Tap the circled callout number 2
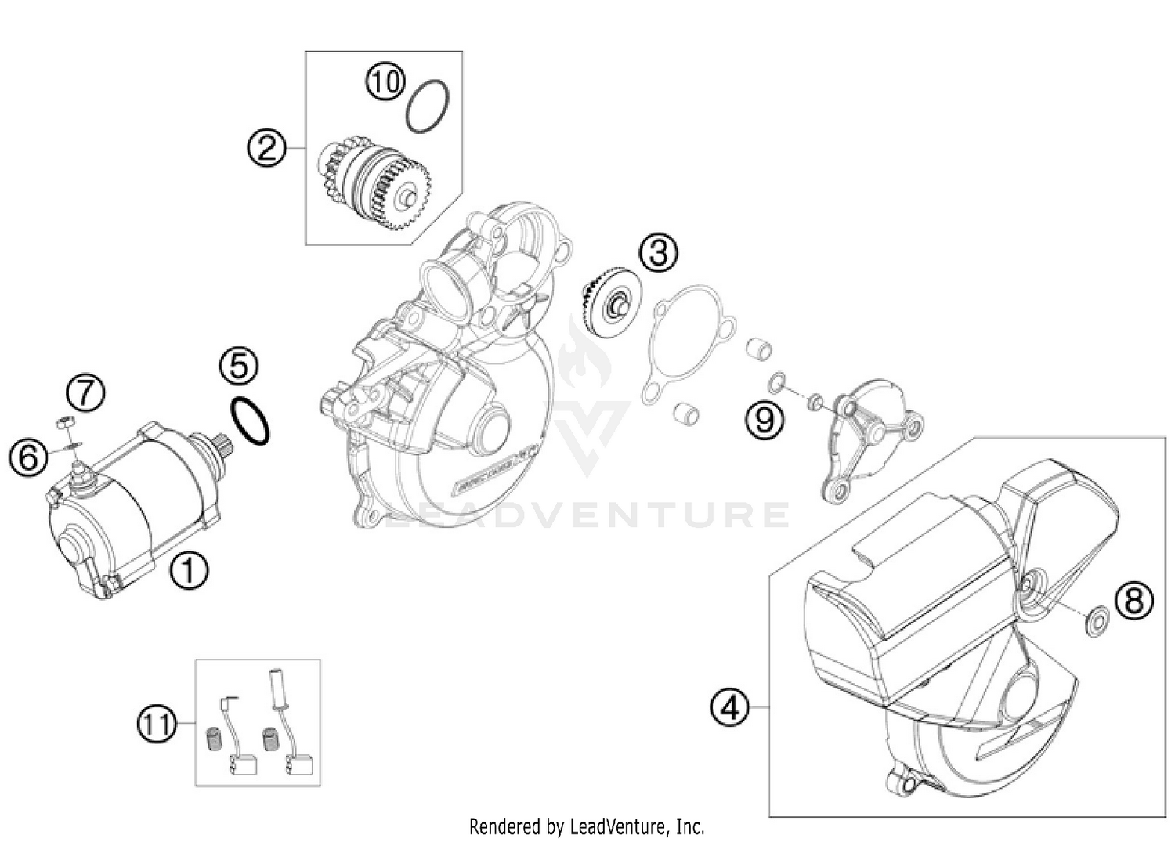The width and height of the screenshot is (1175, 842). [x=267, y=147]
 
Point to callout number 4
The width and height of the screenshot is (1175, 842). [x=729, y=707]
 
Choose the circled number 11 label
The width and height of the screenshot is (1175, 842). [x=157, y=724]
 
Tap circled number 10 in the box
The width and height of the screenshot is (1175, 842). [x=385, y=81]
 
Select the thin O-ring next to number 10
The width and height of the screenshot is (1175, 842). [x=428, y=106]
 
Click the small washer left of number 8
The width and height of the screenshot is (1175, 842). [x=1096, y=623]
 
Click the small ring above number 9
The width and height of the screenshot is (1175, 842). [x=776, y=381]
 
